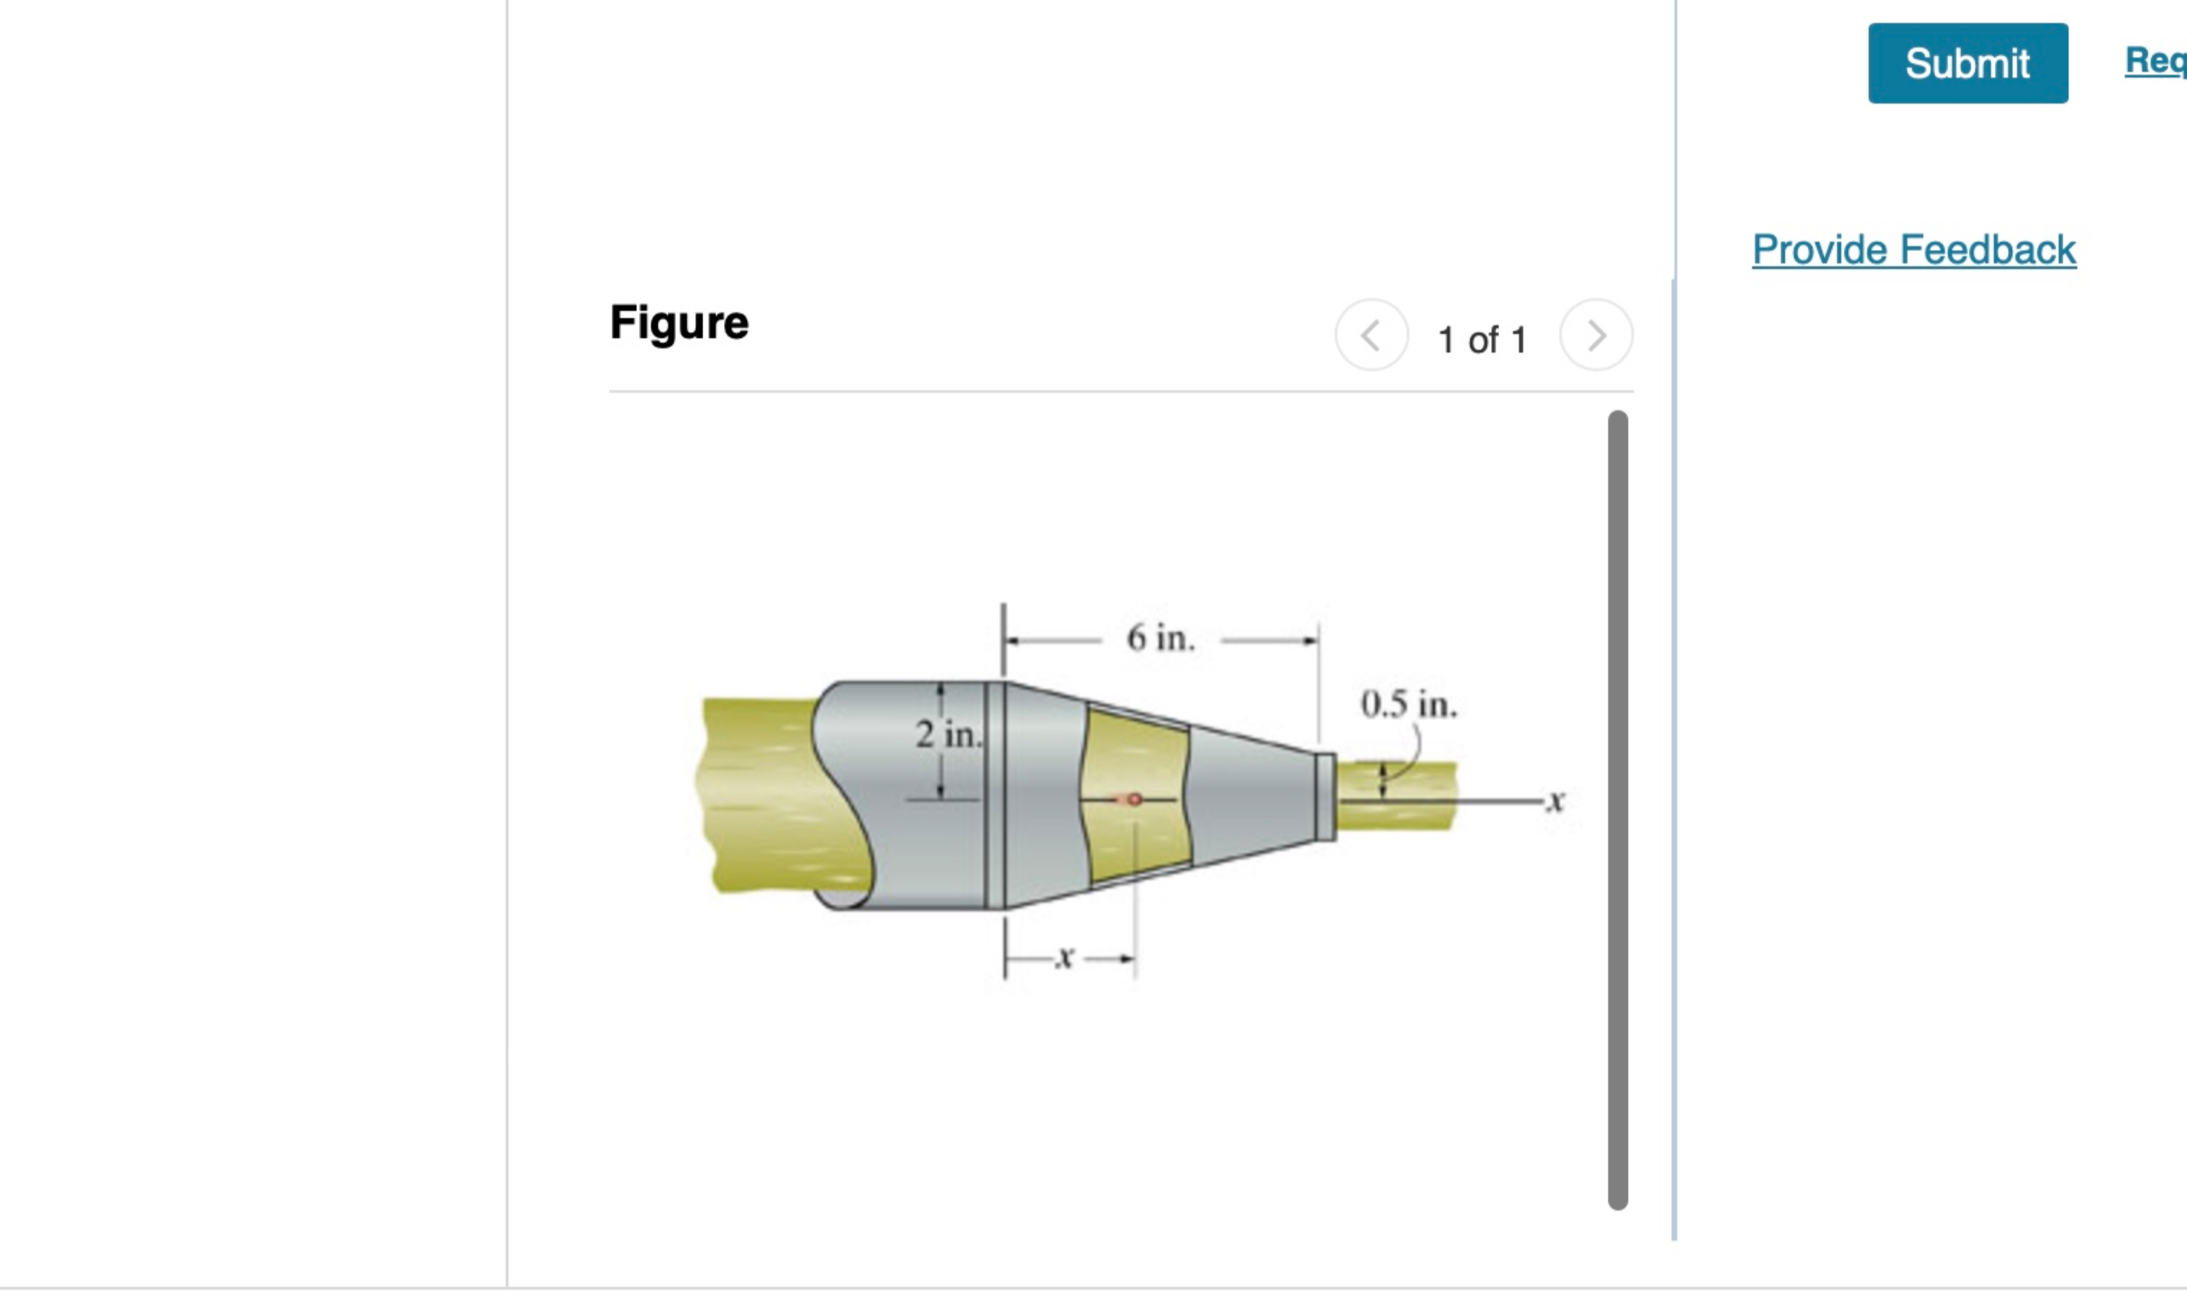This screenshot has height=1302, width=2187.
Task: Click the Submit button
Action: pyautogui.click(x=1967, y=63)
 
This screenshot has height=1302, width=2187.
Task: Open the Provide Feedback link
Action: pyautogui.click(x=1914, y=250)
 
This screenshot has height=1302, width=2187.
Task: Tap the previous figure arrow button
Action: pyautogui.click(x=1371, y=335)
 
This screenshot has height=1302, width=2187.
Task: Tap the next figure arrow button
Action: pyautogui.click(x=1595, y=335)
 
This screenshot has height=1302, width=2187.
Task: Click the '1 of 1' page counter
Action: pyautogui.click(x=1482, y=340)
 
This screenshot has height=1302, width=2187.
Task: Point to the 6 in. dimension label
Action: pyautogui.click(x=1160, y=638)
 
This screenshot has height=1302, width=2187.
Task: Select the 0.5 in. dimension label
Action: pyautogui.click(x=1408, y=705)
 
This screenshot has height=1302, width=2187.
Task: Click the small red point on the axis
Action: pyautogui.click(x=1134, y=800)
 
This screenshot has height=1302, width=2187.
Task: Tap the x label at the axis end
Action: pyautogui.click(x=1555, y=801)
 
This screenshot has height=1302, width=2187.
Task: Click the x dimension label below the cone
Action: pyautogui.click(x=1064, y=957)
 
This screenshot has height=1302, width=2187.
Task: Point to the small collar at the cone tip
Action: pyautogui.click(x=1326, y=797)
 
